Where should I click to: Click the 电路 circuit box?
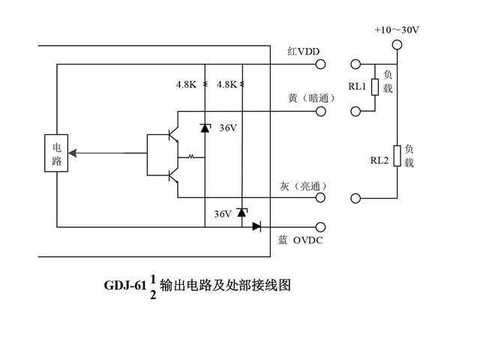click(55, 153)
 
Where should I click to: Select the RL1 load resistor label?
click(356, 87)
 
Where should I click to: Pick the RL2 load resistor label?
click(379, 160)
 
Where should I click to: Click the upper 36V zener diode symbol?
click(205, 127)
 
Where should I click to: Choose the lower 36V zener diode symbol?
click(241, 212)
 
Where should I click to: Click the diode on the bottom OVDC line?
click(257, 226)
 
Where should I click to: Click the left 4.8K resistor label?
click(186, 85)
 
